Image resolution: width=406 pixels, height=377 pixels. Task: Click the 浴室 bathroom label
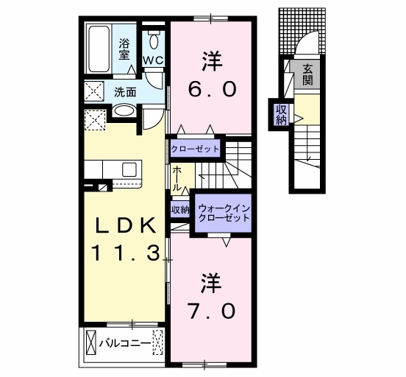click(x=124, y=49)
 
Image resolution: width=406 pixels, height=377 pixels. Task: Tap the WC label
click(x=154, y=60)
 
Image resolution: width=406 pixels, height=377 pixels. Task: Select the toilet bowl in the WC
click(x=154, y=41)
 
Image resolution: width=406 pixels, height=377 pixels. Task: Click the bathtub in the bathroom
click(x=99, y=49)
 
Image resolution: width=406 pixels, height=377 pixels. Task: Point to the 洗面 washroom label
click(x=125, y=92)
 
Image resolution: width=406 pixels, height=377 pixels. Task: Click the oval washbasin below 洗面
click(x=124, y=112)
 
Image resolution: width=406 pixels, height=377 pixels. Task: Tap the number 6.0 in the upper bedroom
click(x=212, y=88)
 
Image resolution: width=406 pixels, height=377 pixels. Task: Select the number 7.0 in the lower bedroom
click(x=212, y=311)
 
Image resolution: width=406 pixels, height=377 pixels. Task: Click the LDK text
click(x=126, y=225)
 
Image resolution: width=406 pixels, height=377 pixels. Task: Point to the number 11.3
click(x=125, y=253)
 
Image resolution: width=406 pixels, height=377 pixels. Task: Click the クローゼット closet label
click(x=195, y=149)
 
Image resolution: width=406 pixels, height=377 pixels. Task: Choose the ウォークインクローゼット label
click(x=224, y=213)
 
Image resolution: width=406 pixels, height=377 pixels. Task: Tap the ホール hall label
click(x=177, y=179)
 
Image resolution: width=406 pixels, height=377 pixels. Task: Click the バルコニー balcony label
click(x=125, y=344)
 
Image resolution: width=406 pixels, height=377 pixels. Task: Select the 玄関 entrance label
click(x=307, y=75)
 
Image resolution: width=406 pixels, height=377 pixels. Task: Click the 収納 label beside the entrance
click(x=282, y=115)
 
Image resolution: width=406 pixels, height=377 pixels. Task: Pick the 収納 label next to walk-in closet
click(x=180, y=210)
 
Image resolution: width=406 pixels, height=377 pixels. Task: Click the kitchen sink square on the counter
click(x=129, y=169)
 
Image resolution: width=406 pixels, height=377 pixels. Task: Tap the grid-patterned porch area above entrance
click(x=302, y=31)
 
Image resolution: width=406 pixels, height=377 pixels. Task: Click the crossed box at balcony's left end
click(x=90, y=343)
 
